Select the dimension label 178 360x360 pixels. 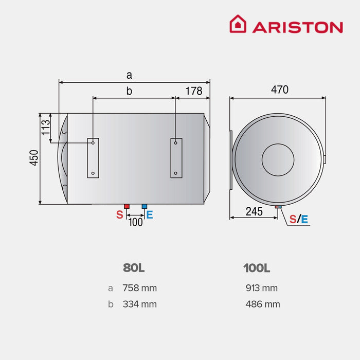(193, 91)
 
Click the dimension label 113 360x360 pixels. (46, 127)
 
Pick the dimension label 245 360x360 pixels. (254, 211)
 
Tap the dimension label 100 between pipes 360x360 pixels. (135, 222)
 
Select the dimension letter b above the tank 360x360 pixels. (129, 91)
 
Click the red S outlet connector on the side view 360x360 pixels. (127, 206)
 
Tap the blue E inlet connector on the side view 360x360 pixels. (144, 206)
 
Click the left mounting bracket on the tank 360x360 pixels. (93, 158)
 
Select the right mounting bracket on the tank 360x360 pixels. (176, 158)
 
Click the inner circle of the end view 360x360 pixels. (278, 158)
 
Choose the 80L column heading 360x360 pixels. (134, 268)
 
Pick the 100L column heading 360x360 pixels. (257, 268)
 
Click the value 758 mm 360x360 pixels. (139, 288)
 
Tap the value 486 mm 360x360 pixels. (263, 304)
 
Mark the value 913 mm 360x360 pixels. (262, 288)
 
